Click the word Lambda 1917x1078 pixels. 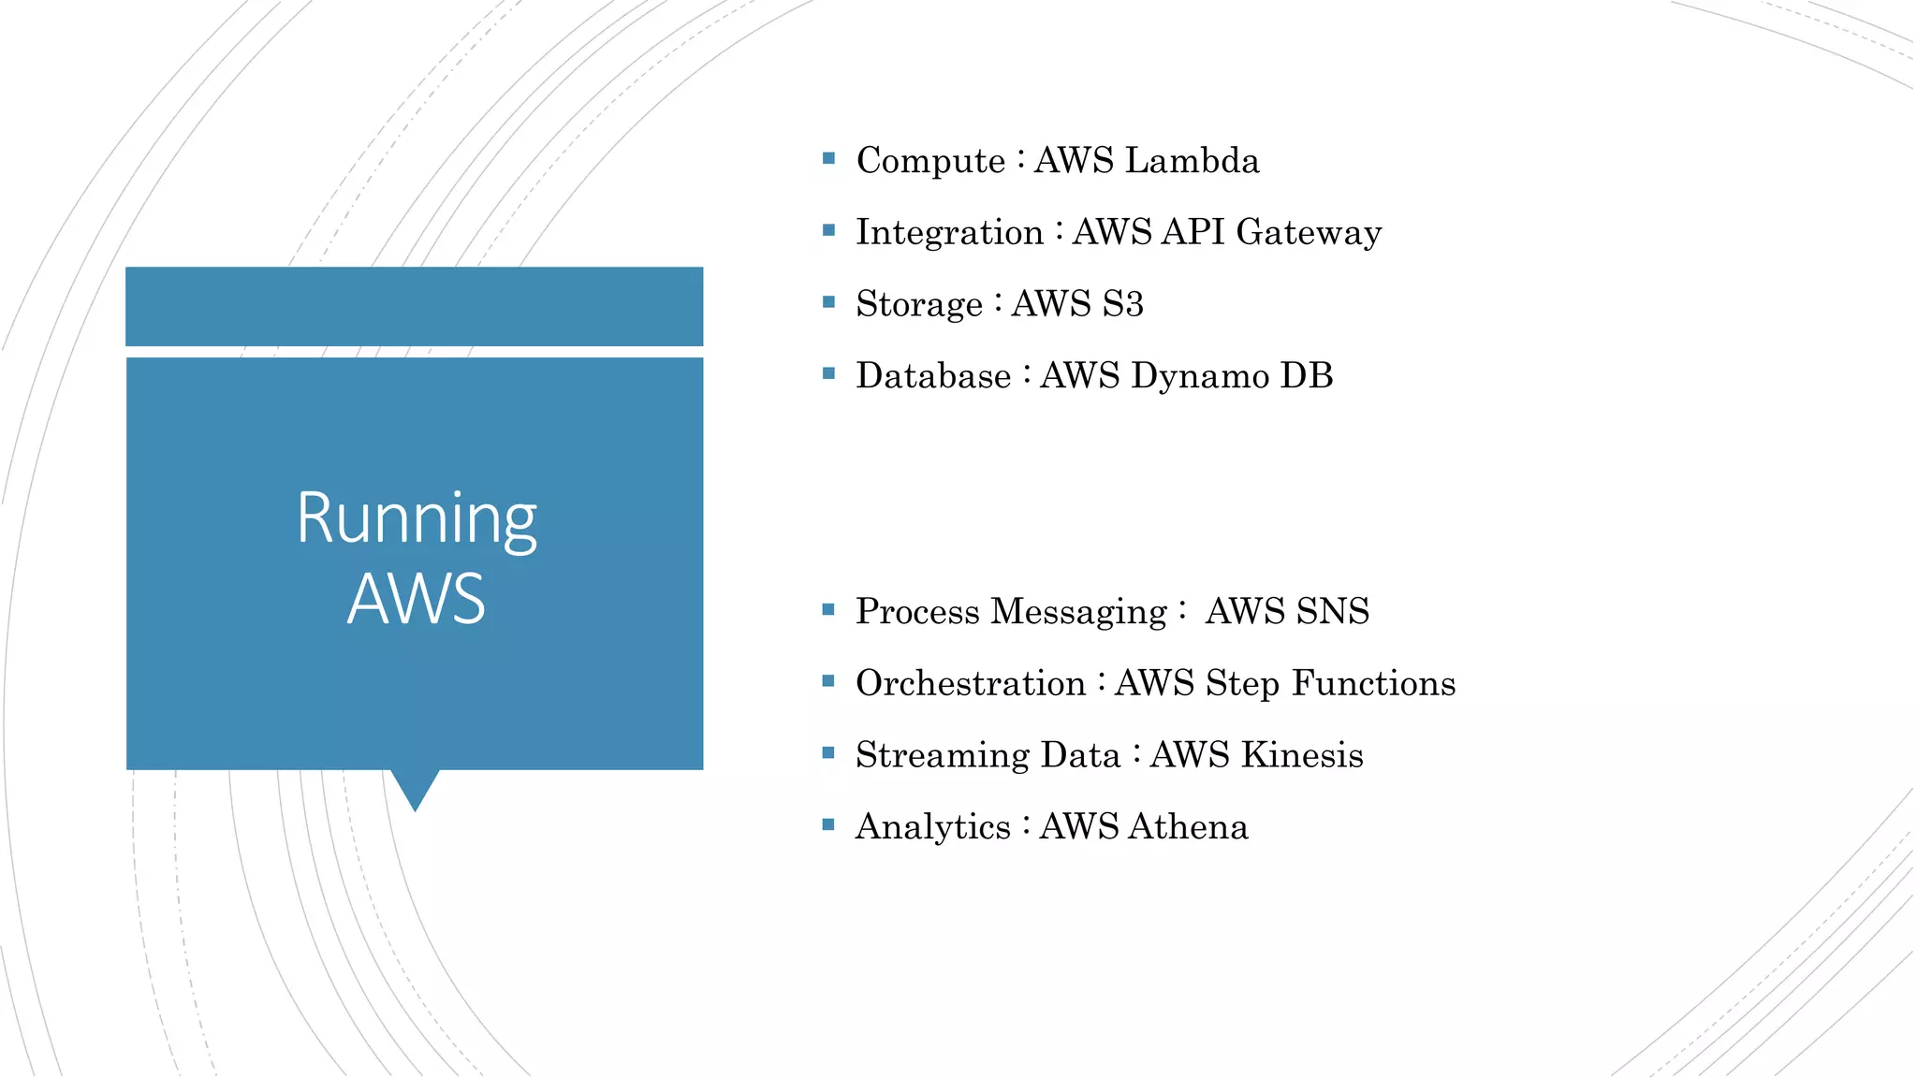[1192, 161]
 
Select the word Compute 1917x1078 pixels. [930, 161]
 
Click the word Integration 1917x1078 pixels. [949, 233]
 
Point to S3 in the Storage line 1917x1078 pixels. [1122, 304]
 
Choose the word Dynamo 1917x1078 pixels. [1199, 376]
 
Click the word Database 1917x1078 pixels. [933, 376]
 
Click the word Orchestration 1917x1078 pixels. [970, 684]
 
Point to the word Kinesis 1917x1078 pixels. [1301, 755]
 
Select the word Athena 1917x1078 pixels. [1188, 827]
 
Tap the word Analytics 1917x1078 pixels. [932, 827]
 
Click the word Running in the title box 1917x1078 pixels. [417, 520]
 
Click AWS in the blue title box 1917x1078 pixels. [417, 600]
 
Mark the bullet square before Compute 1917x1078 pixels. [828, 159]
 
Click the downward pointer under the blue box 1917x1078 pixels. [415, 789]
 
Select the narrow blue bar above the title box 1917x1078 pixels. [414, 306]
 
